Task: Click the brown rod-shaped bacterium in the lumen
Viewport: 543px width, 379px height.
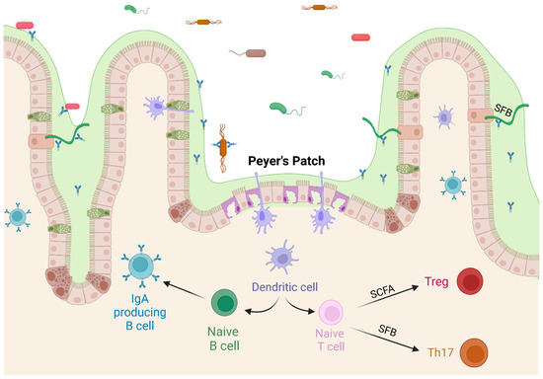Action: click(256, 53)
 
